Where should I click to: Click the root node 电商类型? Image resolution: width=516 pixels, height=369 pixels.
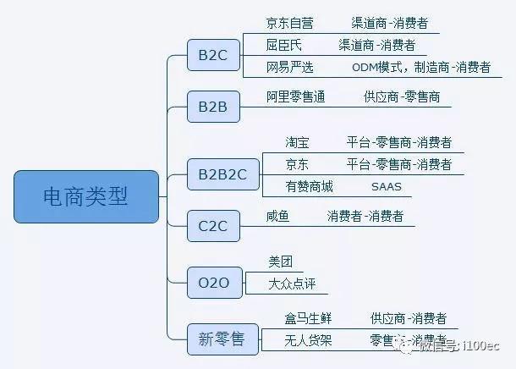coord(86,196)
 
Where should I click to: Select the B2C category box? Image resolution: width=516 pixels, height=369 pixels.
coord(213,56)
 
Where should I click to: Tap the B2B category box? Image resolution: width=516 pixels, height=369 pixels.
coord(213,107)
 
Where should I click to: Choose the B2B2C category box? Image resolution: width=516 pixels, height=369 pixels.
coord(222,174)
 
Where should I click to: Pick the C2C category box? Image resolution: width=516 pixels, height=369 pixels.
coord(213,226)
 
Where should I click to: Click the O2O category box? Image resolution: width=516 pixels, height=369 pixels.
coord(213,282)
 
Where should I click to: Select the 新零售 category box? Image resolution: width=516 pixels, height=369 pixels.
coord(222,339)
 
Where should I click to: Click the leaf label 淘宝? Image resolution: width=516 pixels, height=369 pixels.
coord(297,143)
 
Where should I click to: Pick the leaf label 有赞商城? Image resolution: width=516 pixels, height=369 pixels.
coord(309,186)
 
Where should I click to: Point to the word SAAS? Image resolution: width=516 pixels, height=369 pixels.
coord(386,186)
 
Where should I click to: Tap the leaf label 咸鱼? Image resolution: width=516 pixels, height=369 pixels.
coord(277,217)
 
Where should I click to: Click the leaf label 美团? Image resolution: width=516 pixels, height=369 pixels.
coord(279,262)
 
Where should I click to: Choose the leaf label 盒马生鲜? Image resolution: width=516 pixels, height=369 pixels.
coord(308,318)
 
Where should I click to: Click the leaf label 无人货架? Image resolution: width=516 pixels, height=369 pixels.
coord(308,340)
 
